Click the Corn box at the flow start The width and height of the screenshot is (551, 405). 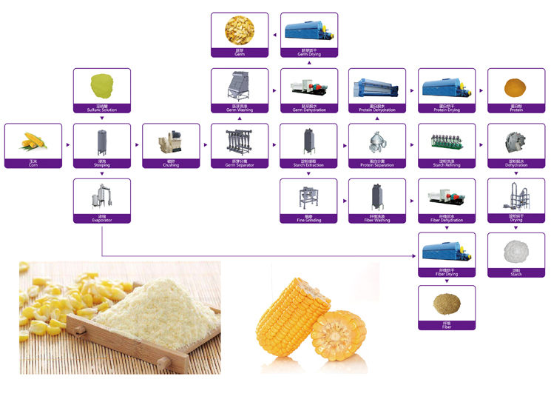[33, 145]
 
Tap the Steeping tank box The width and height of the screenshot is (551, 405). [102, 145]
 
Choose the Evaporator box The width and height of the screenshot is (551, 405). [102, 200]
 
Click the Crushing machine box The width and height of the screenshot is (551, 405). [171, 145]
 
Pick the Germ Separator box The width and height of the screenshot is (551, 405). [240, 145]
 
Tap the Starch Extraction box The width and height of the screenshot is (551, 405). [308, 145]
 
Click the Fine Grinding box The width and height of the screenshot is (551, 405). [308, 200]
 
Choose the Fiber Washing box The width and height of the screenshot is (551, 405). [377, 200]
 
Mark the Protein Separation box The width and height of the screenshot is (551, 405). [377, 145]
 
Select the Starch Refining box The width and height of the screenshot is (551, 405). [447, 145]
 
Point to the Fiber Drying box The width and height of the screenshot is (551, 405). [447, 255]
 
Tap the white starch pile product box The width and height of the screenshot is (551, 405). [515, 255]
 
